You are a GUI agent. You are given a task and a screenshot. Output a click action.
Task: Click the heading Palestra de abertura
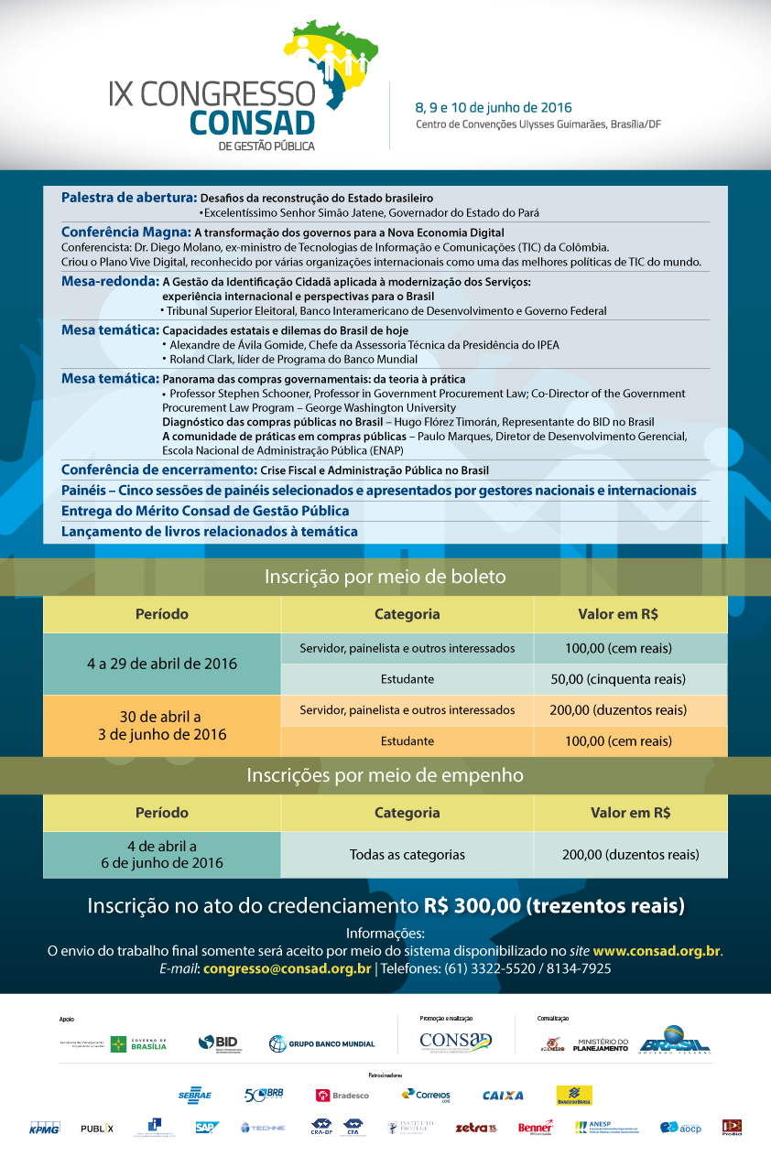pos(129,198)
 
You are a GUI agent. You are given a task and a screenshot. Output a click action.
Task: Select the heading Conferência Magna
pos(126,232)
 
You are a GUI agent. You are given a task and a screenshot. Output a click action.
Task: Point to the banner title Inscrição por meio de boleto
pos(385,577)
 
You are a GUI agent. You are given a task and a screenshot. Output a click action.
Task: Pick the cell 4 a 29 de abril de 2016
pos(162,664)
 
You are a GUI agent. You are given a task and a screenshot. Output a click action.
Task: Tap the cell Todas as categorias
pos(407,855)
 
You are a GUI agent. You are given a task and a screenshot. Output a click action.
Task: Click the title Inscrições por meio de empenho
pos(385,775)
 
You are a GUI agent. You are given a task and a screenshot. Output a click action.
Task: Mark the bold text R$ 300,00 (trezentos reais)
pos(555,906)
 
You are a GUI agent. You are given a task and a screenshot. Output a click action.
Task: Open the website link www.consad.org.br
pos(657,951)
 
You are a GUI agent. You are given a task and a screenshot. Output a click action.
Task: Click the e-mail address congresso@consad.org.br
pos(287,968)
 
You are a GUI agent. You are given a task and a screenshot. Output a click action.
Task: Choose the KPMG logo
pos(44,1128)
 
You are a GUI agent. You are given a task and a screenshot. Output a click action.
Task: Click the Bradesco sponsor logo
pos(342,1095)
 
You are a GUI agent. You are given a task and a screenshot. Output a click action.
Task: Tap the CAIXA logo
pos(503,1095)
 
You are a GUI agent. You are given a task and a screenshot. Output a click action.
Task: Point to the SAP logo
pos(207,1128)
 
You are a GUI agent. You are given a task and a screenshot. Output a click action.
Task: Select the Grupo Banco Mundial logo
pos(321,1043)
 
